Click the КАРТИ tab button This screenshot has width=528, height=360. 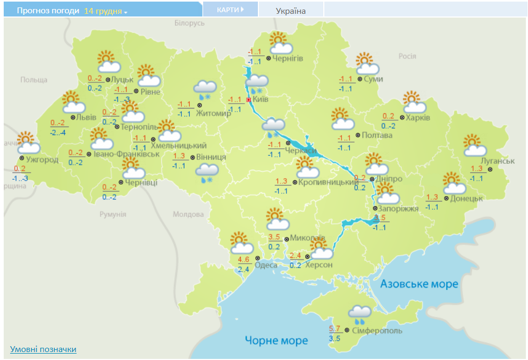[230, 10]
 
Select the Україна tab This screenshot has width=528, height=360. [290, 11]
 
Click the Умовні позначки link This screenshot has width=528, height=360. [43, 349]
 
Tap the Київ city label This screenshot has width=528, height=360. [261, 99]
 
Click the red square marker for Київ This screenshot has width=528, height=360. [248, 99]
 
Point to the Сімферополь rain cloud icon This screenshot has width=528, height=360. [359, 314]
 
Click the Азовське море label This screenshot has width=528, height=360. [419, 284]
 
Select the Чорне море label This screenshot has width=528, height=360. [276, 340]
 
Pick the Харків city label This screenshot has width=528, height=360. [418, 118]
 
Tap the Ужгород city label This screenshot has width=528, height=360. [42, 160]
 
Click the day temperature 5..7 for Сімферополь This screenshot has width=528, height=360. [334, 329]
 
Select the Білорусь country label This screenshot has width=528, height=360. [189, 23]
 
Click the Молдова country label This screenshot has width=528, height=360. [188, 214]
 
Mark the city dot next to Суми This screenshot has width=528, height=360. [360, 79]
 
